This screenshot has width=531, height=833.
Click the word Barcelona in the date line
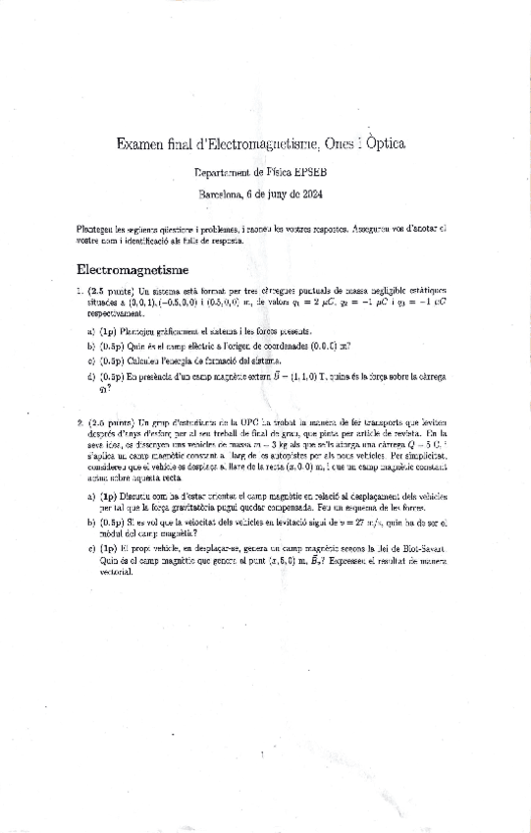pos(224,194)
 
